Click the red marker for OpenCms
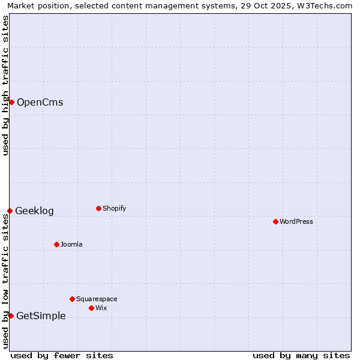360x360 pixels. tap(11, 102)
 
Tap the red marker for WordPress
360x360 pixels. tap(275, 221)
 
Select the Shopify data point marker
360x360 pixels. tap(98, 208)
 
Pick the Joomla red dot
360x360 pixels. tap(56, 244)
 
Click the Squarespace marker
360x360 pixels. tap(72, 299)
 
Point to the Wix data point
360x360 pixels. tap(91, 308)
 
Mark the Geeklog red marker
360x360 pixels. tap(10, 211)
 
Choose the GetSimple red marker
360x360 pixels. tap(11, 316)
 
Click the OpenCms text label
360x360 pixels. tap(40, 102)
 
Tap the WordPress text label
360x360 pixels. tap(296, 221)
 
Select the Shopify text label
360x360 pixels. tap(114, 208)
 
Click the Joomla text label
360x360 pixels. tap(71, 244)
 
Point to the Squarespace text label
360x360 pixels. tap(97, 299)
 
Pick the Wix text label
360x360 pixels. tap(101, 308)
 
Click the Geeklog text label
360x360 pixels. tap(34, 211)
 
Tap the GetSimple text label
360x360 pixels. tap(41, 316)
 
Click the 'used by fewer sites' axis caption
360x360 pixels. tap(62, 355)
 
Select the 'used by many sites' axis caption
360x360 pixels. tap(301, 355)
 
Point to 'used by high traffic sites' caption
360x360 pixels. tap(5, 85)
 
